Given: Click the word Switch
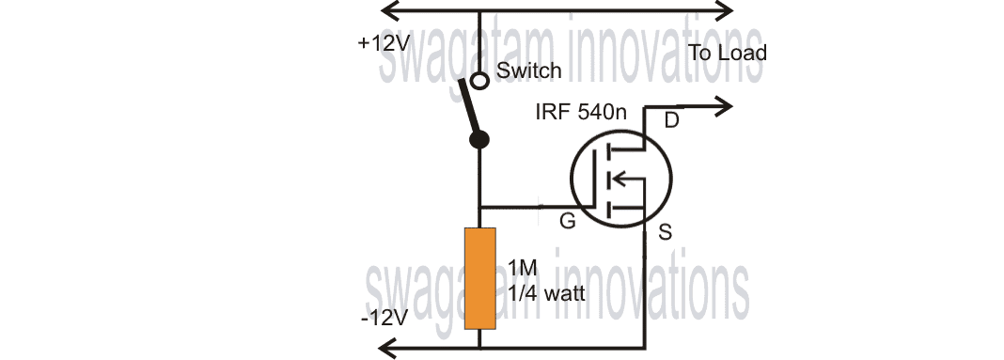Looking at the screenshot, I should pyautogui.click(x=529, y=70).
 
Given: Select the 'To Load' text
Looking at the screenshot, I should pyautogui.click(x=728, y=53).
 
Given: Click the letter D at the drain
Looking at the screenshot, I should pyautogui.click(x=671, y=119).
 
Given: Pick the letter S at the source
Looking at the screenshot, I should pyautogui.click(x=665, y=232).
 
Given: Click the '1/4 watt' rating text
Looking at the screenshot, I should pyautogui.click(x=545, y=293).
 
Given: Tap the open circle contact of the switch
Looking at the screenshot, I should pyautogui.click(x=479, y=80).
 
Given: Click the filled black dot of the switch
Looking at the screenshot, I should pyautogui.click(x=479, y=141).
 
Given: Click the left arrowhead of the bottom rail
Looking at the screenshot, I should pyautogui.click(x=386, y=347).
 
